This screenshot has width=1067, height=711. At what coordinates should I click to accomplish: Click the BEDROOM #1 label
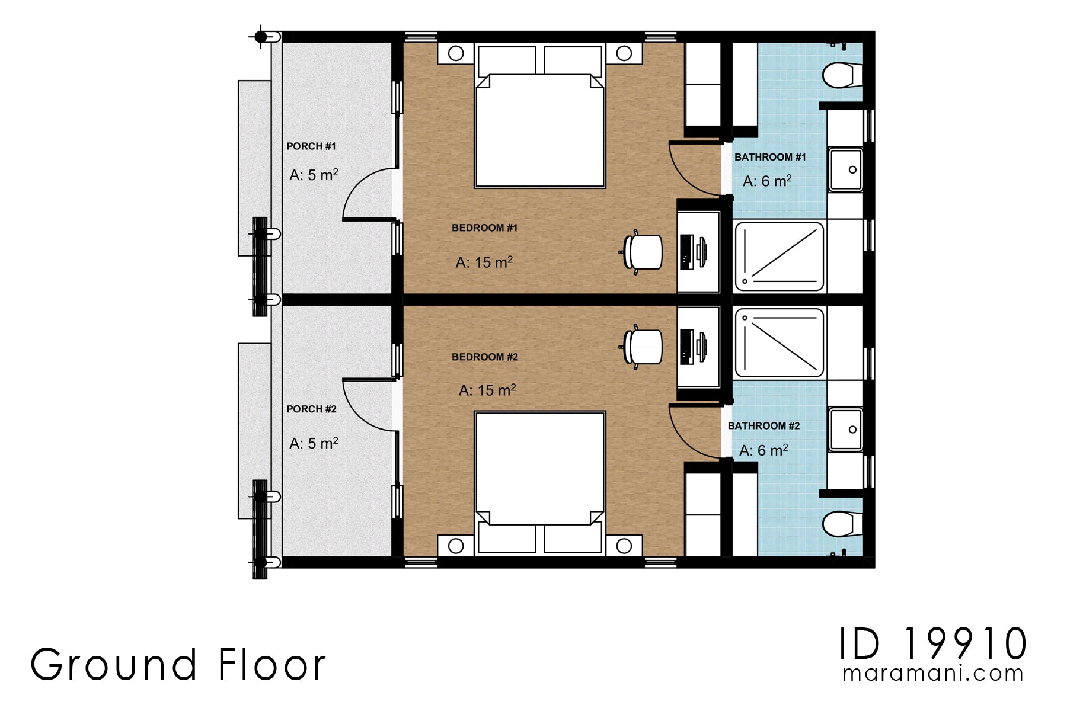click(484, 228)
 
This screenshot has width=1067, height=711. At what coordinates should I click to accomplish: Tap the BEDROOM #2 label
click(484, 357)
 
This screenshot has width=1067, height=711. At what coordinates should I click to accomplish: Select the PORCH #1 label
click(311, 146)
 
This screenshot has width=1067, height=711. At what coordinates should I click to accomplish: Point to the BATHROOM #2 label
click(763, 426)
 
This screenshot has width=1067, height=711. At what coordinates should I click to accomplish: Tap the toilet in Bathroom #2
click(840, 523)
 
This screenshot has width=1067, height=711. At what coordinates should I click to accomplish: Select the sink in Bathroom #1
click(845, 170)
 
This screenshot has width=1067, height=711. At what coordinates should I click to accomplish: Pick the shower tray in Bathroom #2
click(779, 342)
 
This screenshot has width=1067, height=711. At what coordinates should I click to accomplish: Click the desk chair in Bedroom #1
click(643, 252)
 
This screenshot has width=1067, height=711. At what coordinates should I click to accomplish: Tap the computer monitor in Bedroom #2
click(702, 347)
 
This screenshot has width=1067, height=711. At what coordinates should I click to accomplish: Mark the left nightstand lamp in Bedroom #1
click(456, 53)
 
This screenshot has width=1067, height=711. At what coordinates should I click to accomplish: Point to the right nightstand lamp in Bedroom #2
click(624, 546)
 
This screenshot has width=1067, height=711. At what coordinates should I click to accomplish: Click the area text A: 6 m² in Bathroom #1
click(766, 181)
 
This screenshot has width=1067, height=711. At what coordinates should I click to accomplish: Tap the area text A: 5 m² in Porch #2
click(314, 443)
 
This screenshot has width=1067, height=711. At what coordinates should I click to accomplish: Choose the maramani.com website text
click(933, 674)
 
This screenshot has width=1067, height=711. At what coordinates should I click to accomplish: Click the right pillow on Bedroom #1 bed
click(573, 60)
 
